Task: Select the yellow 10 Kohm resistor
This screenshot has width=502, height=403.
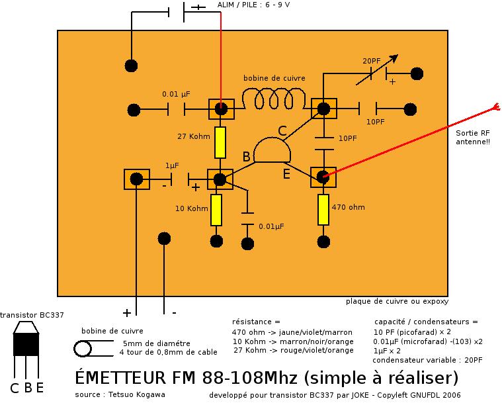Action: pyautogui.click(x=216, y=209)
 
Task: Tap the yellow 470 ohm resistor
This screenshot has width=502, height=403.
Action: pyautogui.click(x=323, y=209)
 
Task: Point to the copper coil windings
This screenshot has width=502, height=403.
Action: pyautogui.click(x=273, y=101)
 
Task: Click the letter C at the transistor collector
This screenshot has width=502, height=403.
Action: pyautogui.click(x=282, y=131)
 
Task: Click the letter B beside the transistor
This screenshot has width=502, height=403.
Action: pyautogui.click(x=246, y=157)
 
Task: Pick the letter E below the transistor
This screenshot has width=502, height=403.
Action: pyautogui.click(x=286, y=174)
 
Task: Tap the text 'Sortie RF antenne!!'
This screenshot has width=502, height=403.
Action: pyautogui.click(x=473, y=137)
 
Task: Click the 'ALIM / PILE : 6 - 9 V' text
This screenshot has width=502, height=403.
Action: pyautogui.click(x=253, y=5)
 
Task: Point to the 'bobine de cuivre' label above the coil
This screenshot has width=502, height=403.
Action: pyautogui.click(x=274, y=78)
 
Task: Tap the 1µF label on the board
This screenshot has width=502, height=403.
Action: pyautogui.click(x=172, y=165)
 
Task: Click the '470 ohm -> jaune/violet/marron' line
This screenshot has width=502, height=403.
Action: pyautogui.click(x=292, y=332)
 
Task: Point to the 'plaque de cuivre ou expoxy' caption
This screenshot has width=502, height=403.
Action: pyautogui.click(x=397, y=302)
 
